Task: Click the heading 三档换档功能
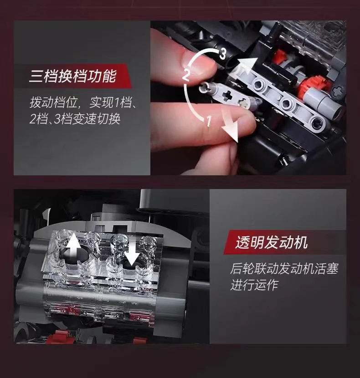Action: [x=72, y=76]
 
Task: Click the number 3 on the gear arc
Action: [x=222, y=54]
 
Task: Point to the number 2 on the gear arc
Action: [x=186, y=75]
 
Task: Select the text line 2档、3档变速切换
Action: [x=75, y=119]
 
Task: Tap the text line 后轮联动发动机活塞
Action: [x=284, y=269]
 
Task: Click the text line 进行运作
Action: [x=254, y=285]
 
